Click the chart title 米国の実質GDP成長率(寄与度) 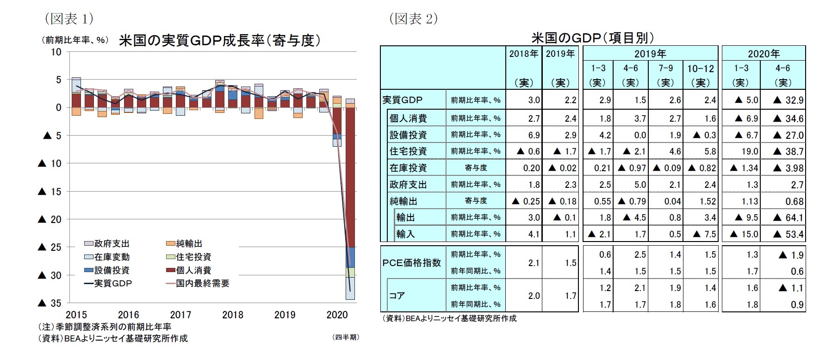[219, 41]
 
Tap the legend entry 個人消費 [192, 270]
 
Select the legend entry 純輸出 [189, 244]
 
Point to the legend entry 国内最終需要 [202, 283]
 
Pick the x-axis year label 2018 [232, 315]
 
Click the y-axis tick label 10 [56, 52]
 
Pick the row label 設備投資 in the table [408, 135]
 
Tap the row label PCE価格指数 [411, 262]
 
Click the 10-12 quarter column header [700, 68]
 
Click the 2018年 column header [523, 54]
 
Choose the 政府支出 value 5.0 [640, 185]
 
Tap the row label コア [397, 295]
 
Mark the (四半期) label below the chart [345, 337]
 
